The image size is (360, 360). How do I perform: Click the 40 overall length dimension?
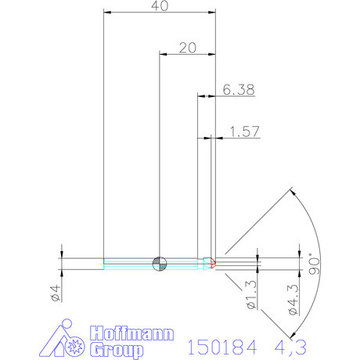[160, 5]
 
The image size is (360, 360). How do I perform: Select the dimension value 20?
[187, 47]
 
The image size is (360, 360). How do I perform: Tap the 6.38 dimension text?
[238, 90]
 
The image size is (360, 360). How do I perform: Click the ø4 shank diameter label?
[55, 293]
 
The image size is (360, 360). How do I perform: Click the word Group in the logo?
[117, 349]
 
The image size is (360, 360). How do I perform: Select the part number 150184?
[221, 346]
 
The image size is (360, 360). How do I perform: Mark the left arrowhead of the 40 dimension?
[107, 13]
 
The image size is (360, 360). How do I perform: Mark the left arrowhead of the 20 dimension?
[163, 54]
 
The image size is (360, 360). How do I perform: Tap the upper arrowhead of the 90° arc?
[291, 191]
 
